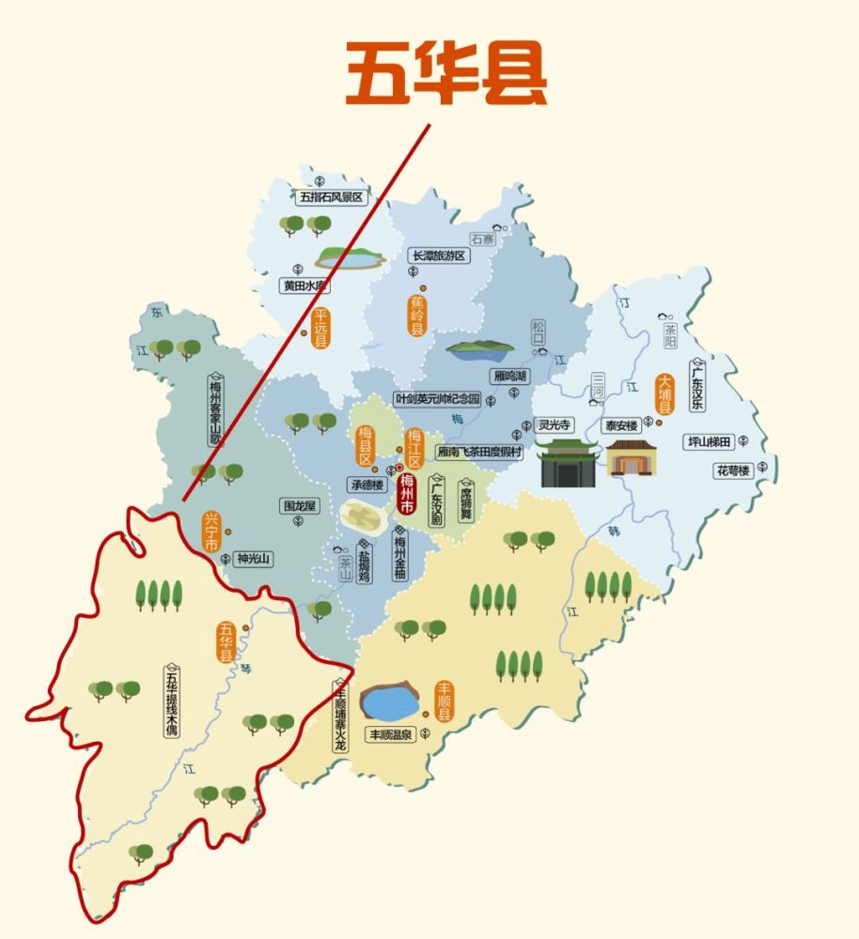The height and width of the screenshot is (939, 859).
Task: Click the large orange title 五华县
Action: [446, 72]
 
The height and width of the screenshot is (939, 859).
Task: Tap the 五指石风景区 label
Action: [331, 197]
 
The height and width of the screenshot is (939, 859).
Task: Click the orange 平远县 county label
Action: [321, 329]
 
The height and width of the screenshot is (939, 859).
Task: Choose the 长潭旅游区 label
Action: [438, 255]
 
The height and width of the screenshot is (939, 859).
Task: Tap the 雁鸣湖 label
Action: [510, 376]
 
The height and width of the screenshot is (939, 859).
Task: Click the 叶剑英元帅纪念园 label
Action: [438, 399]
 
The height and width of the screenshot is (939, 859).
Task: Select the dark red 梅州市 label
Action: [407, 494]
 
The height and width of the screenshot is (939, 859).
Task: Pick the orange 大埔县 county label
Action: [665, 395]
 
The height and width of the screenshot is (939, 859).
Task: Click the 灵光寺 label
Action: [554, 424]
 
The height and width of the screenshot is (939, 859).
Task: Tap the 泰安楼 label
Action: [621, 424]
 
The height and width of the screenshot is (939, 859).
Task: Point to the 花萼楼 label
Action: [733, 469]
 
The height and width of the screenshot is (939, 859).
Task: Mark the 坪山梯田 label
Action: [713, 441]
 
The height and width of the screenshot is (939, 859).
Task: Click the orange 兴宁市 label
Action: [212, 533]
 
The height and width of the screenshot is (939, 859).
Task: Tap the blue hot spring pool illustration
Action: [392, 702]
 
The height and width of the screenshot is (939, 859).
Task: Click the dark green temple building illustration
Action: [568, 462]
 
